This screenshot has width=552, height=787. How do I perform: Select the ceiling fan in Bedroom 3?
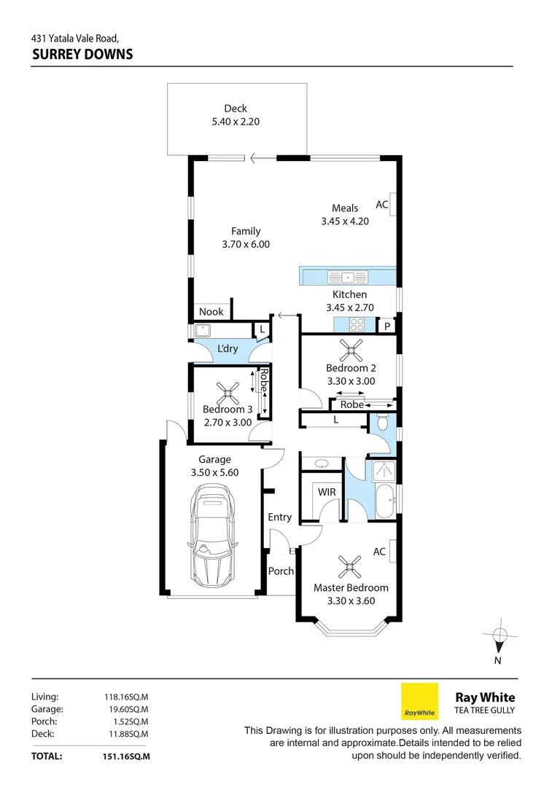(x=230, y=395)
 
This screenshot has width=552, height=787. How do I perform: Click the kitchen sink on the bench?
(x=349, y=277)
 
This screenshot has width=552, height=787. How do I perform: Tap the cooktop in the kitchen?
(x=357, y=324)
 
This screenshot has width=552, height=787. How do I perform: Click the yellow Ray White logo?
(x=420, y=701)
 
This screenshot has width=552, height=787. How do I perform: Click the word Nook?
(x=211, y=312)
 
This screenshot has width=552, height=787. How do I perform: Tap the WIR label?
(x=327, y=493)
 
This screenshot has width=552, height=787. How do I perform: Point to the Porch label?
(x=281, y=571)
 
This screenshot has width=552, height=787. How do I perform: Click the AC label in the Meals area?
(x=381, y=205)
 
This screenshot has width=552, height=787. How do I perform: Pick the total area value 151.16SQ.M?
(x=127, y=756)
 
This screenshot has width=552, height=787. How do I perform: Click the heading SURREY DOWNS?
(x=82, y=54)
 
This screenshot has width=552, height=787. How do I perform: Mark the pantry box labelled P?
(x=387, y=326)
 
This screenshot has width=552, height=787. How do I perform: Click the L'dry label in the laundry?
(x=228, y=350)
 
